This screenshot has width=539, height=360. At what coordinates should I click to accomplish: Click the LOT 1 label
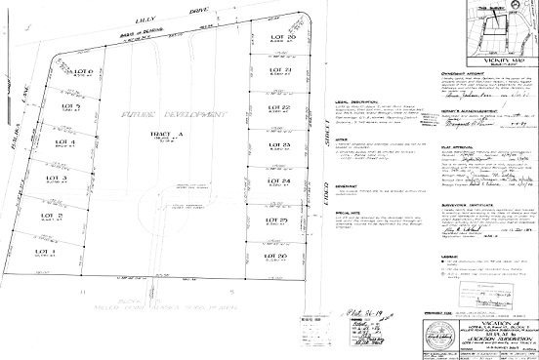tap(47, 252)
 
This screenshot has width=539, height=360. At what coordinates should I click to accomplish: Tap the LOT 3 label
tap(57, 179)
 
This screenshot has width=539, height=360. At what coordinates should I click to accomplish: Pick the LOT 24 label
tap(278, 181)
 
